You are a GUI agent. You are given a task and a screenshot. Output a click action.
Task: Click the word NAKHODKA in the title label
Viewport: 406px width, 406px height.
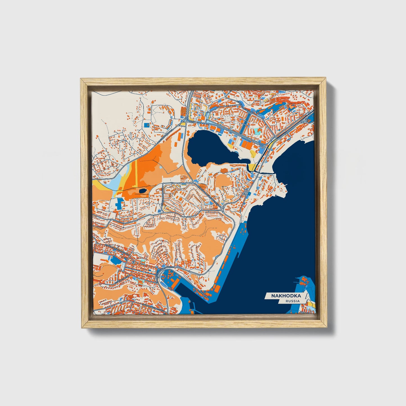[286, 296]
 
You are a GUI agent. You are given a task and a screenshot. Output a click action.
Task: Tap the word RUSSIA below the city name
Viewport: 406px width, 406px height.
[292, 301]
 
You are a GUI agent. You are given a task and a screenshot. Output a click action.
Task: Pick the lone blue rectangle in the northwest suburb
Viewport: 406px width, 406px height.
[146, 124]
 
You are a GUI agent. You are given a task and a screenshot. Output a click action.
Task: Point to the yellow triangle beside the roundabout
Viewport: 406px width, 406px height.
[183, 124]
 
